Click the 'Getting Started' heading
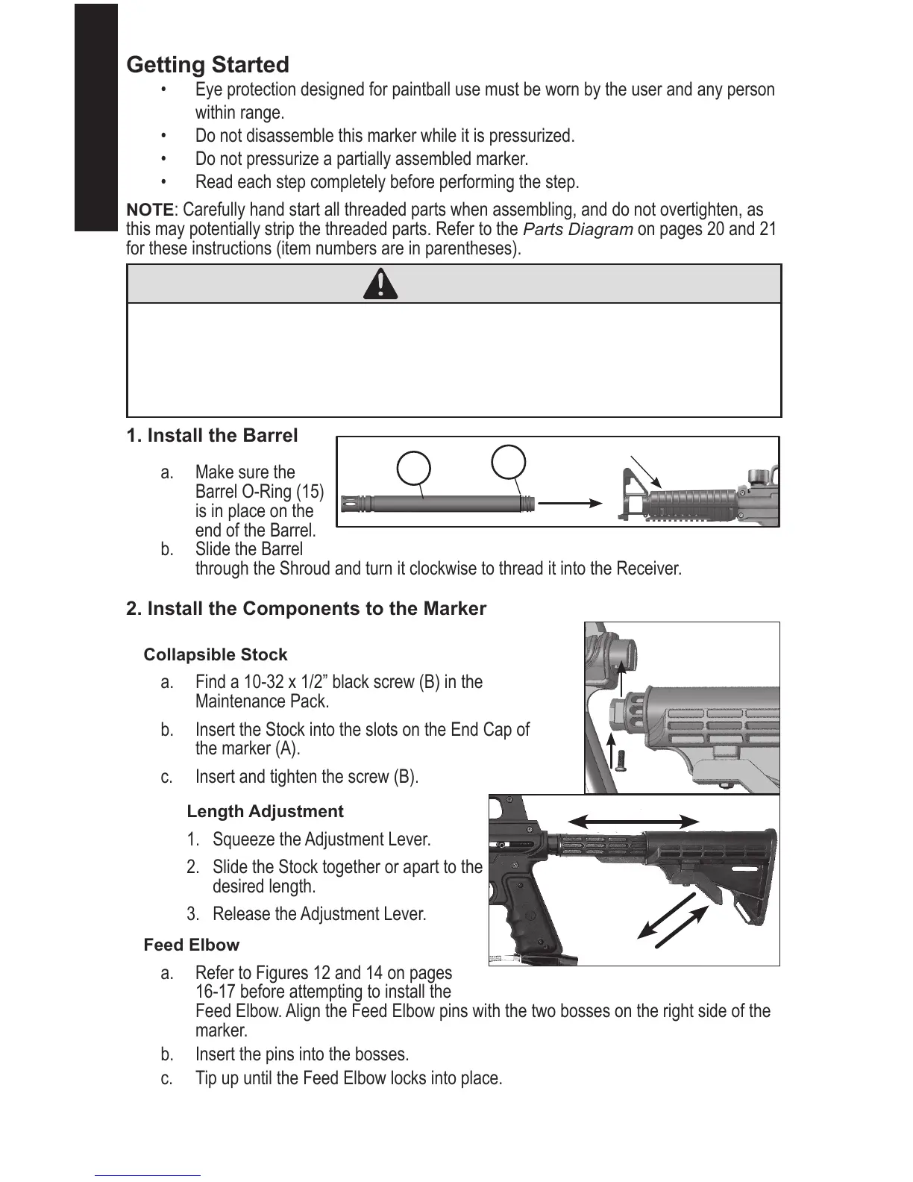[x=207, y=65]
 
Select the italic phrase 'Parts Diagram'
[x=578, y=229]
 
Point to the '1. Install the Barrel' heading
[x=212, y=436]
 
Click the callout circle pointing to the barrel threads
[x=509, y=460]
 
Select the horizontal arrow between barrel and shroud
[x=569, y=503]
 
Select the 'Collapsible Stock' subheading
[x=215, y=655]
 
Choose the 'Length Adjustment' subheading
[x=265, y=812]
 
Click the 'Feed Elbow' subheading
[x=191, y=945]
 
